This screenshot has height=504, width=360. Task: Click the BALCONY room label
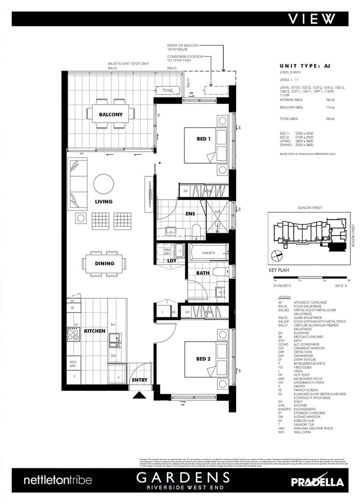[x=111, y=115]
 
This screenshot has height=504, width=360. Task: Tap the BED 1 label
[x=204, y=139]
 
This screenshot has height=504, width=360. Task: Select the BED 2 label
[x=204, y=359]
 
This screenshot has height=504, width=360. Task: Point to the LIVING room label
[x=103, y=202]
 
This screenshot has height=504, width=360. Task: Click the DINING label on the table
[x=105, y=263]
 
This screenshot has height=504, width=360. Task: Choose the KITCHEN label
[x=95, y=332]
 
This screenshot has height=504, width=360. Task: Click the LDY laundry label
[x=171, y=261]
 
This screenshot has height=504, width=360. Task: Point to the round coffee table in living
[x=104, y=183]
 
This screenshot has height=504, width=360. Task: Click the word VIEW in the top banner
[x=312, y=18]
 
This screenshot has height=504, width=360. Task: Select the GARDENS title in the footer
[x=182, y=477]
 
